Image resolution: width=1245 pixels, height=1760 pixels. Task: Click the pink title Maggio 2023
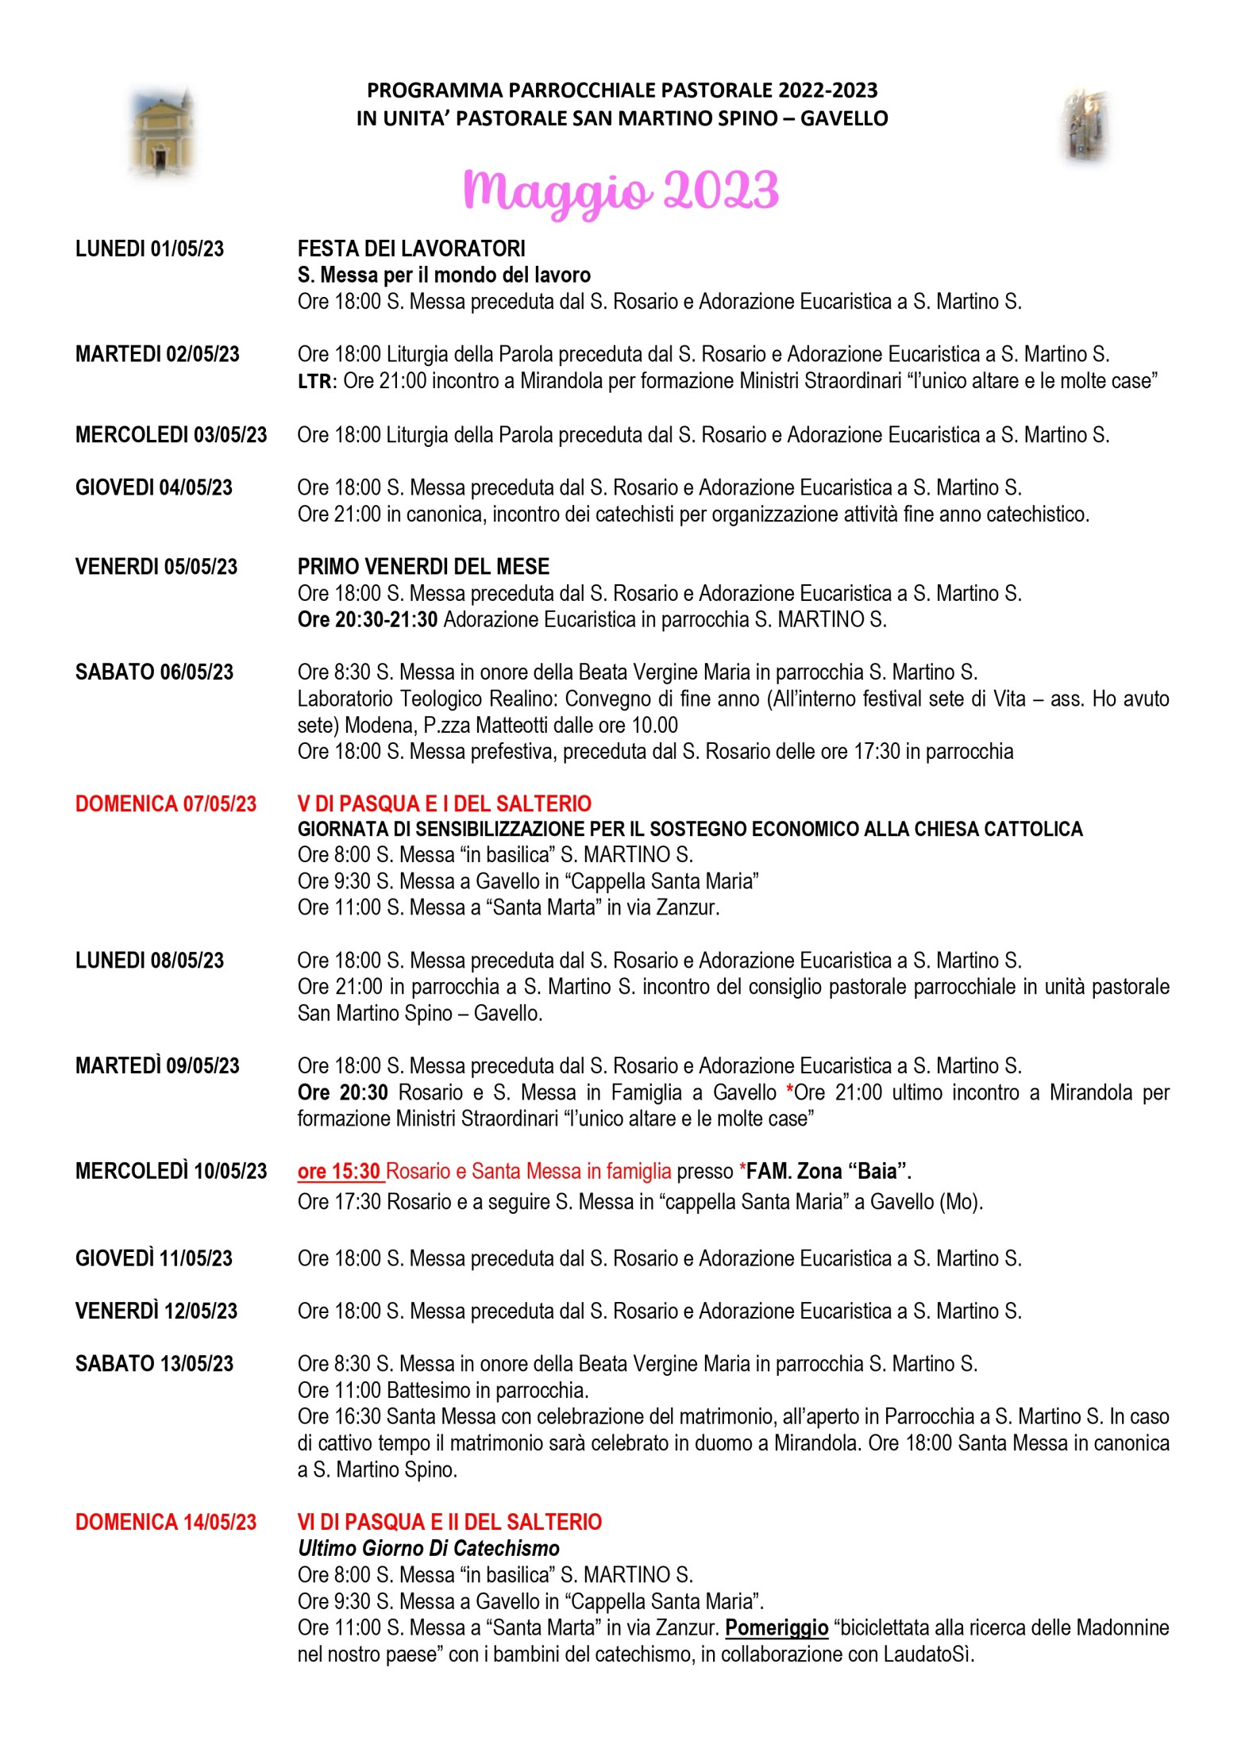[x=621, y=191]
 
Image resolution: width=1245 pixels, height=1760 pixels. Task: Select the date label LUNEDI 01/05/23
[x=149, y=249]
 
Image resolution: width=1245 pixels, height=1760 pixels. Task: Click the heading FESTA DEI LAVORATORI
[x=411, y=249]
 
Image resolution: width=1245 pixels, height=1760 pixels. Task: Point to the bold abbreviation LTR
[x=314, y=382]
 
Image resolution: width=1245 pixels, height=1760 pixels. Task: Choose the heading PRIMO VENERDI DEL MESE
[x=423, y=567]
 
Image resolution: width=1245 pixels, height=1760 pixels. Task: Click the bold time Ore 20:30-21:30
[x=368, y=620]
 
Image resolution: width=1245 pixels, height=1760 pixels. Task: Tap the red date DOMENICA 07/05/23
[x=166, y=804]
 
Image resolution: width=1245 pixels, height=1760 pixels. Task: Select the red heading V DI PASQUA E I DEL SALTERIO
[x=445, y=804]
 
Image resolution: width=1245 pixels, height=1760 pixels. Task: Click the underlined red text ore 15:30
[x=339, y=1172]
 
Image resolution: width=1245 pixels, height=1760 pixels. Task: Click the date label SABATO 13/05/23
[x=154, y=1364]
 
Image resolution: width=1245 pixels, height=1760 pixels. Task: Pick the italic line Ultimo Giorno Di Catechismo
[x=429, y=1549]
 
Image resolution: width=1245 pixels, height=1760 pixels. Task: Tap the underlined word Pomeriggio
[x=777, y=1628]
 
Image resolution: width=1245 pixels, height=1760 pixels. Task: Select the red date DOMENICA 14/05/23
[x=166, y=1523]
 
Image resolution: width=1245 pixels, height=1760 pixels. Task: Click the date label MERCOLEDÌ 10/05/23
[x=171, y=1172]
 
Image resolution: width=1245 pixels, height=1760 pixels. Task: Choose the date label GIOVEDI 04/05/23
[x=153, y=487]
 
